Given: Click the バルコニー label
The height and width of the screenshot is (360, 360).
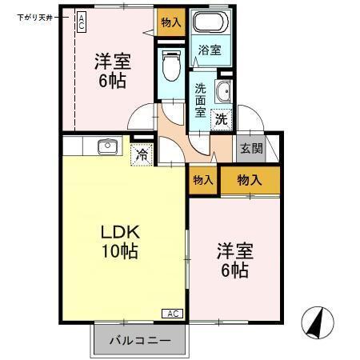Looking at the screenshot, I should pyautogui.click(x=140, y=340).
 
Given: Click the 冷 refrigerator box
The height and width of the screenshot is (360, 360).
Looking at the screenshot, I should pyautogui.click(x=142, y=154).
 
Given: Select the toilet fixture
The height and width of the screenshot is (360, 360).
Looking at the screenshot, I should pyautogui.click(x=170, y=65).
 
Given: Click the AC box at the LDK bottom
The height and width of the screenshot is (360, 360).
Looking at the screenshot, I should pyautogui.click(x=174, y=313).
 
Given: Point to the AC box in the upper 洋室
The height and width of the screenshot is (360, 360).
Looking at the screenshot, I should pyautogui.click(x=82, y=22).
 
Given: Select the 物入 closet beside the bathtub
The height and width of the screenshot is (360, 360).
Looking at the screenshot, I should pyautogui.click(x=171, y=22).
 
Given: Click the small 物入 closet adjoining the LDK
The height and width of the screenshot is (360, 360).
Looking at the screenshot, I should pyautogui.click(x=203, y=181).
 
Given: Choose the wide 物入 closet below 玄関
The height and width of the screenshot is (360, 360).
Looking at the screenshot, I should pyautogui.click(x=250, y=181).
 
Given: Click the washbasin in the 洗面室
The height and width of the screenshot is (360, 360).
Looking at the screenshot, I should pyautogui.click(x=224, y=90).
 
